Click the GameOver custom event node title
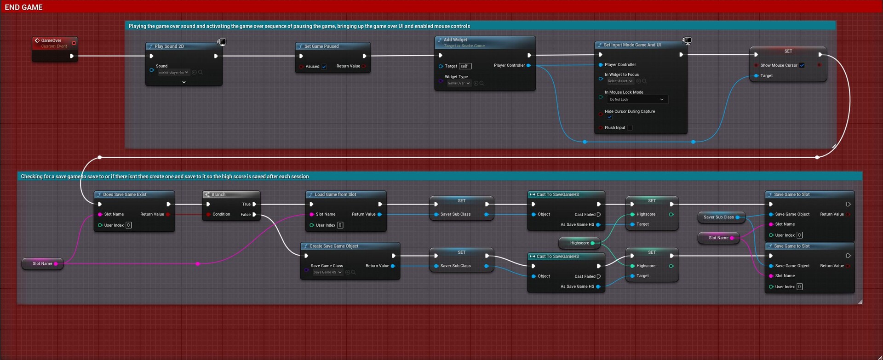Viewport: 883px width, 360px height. (x=51, y=40)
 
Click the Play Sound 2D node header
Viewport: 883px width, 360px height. (x=169, y=46)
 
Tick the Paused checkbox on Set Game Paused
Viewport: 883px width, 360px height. (x=324, y=67)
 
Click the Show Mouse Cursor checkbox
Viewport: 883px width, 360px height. (x=802, y=65)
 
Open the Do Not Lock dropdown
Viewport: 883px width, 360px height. (x=636, y=99)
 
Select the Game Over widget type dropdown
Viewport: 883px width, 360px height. (x=459, y=83)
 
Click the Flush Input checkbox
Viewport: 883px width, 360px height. (x=630, y=128)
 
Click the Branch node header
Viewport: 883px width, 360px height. (x=218, y=194)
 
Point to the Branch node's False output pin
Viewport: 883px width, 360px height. (x=254, y=215)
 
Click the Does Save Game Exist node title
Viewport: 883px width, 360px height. (x=125, y=194)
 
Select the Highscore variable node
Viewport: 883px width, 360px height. (x=579, y=243)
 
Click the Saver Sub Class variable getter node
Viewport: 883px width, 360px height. (x=718, y=217)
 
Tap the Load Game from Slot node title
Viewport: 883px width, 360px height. (x=335, y=194)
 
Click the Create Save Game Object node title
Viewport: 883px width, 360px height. (x=334, y=246)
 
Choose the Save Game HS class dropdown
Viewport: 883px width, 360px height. (x=327, y=272)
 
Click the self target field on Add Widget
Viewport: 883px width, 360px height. (x=465, y=66)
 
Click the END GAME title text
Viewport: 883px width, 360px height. (x=23, y=7)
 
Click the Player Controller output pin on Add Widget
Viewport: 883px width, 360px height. (x=528, y=65)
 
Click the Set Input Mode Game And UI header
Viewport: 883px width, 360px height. (x=632, y=45)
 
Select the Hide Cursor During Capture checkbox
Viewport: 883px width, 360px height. (x=609, y=117)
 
